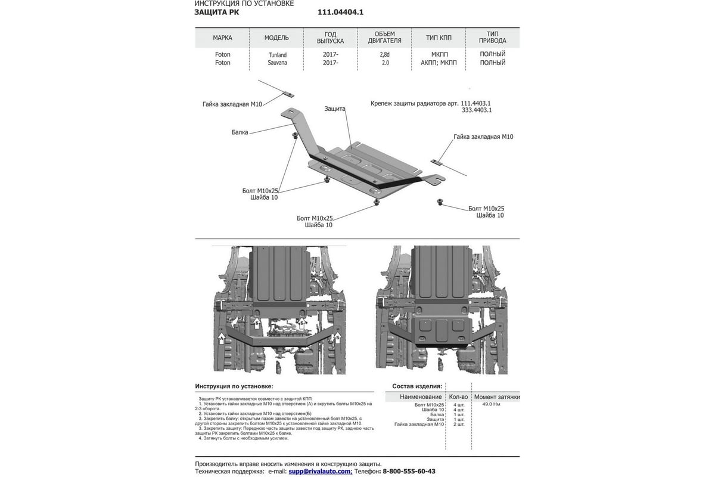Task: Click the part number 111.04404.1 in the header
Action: [x=340, y=12]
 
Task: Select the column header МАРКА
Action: [x=222, y=38]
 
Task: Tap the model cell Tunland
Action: [x=276, y=55]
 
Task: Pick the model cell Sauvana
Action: [x=276, y=63]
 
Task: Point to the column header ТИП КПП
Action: [x=439, y=38]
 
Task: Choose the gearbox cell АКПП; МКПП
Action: [x=439, y=63]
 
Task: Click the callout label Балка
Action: [x=240, y=132]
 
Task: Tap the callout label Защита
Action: [x=335, y=109]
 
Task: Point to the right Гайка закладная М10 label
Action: [x=483, y=137]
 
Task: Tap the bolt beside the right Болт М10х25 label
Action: [x=440, y=202]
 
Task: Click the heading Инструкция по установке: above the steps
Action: [x=234, y=386]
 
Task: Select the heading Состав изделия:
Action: [x=416, y=386]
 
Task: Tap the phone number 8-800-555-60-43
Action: [x=409, y=471]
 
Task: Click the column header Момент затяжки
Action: [x=497, y=397]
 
